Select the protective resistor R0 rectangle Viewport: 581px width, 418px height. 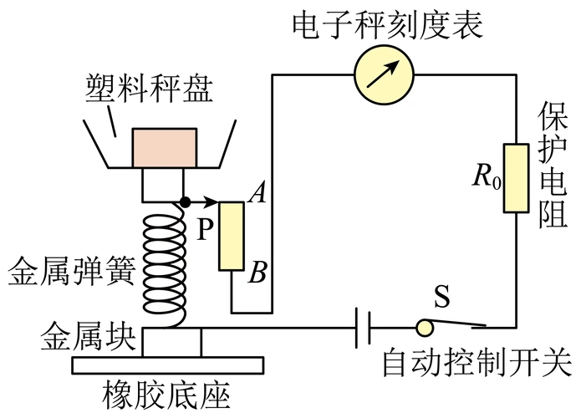point(515,176)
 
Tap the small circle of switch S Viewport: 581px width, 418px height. point(426,326)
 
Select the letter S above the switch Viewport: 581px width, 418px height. point(443,297)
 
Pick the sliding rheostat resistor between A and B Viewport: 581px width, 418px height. point(232,236)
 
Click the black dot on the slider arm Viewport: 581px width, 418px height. point(185,201)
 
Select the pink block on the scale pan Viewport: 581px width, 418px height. point(166,148)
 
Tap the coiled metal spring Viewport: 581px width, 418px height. point(166,268)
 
